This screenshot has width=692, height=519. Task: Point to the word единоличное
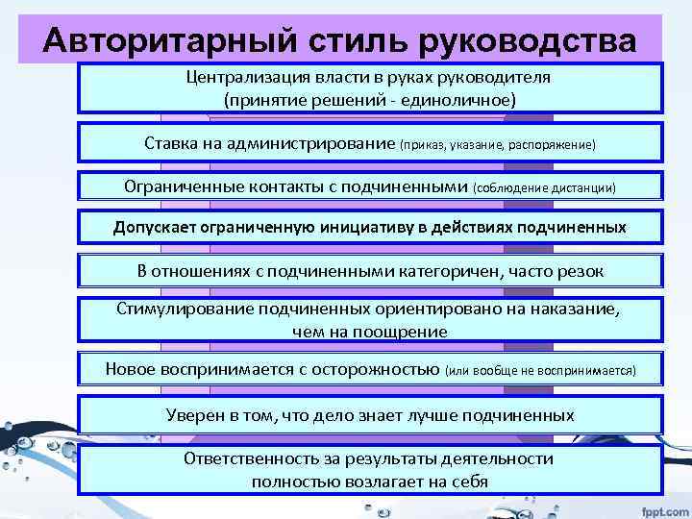(457, 100)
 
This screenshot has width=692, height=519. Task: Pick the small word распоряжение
(558, 144)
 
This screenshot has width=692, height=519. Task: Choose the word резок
(581, 271)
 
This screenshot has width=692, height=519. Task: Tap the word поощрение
(403, 332)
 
